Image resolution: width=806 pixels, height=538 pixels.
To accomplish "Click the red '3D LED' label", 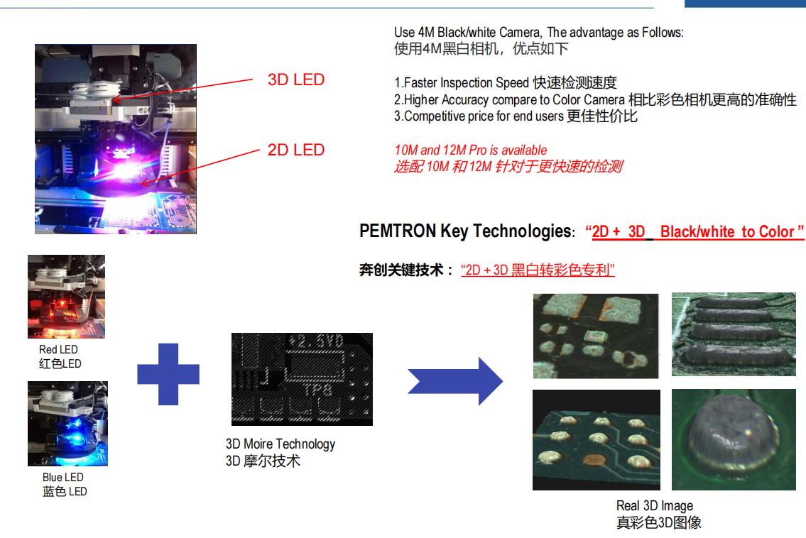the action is (296, 79).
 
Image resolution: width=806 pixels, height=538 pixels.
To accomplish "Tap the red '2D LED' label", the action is (296, 150).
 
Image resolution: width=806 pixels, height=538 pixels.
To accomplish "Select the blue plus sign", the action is (168, 374).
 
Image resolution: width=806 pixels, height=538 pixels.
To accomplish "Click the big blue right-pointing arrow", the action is (455, 381).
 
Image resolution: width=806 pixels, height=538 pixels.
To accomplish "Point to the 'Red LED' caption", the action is (59, 349).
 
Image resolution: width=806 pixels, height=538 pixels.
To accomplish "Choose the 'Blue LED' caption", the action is (62, 478).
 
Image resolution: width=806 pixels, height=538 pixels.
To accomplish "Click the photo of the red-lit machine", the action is (66, 297).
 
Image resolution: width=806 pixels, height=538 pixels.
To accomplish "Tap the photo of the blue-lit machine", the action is (68, 424).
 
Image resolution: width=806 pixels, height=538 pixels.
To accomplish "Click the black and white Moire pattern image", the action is (302, 379).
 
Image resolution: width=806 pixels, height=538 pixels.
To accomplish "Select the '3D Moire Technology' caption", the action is (280, 444).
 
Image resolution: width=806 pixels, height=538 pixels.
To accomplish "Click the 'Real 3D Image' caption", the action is (654, 505).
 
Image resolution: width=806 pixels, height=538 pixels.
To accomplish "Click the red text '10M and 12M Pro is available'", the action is (470, 150).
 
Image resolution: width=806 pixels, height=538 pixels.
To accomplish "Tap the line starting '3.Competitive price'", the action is (516, 116).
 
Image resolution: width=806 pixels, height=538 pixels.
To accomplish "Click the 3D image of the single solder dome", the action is (734, 439).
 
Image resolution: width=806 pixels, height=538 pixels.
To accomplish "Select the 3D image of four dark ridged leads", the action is (734, 334).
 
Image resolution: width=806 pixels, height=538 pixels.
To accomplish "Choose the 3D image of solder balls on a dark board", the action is (597, 440).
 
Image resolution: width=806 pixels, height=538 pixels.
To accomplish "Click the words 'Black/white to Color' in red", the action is (727, 232).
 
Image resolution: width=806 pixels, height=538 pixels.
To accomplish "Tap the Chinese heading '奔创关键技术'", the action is (401, 270).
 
